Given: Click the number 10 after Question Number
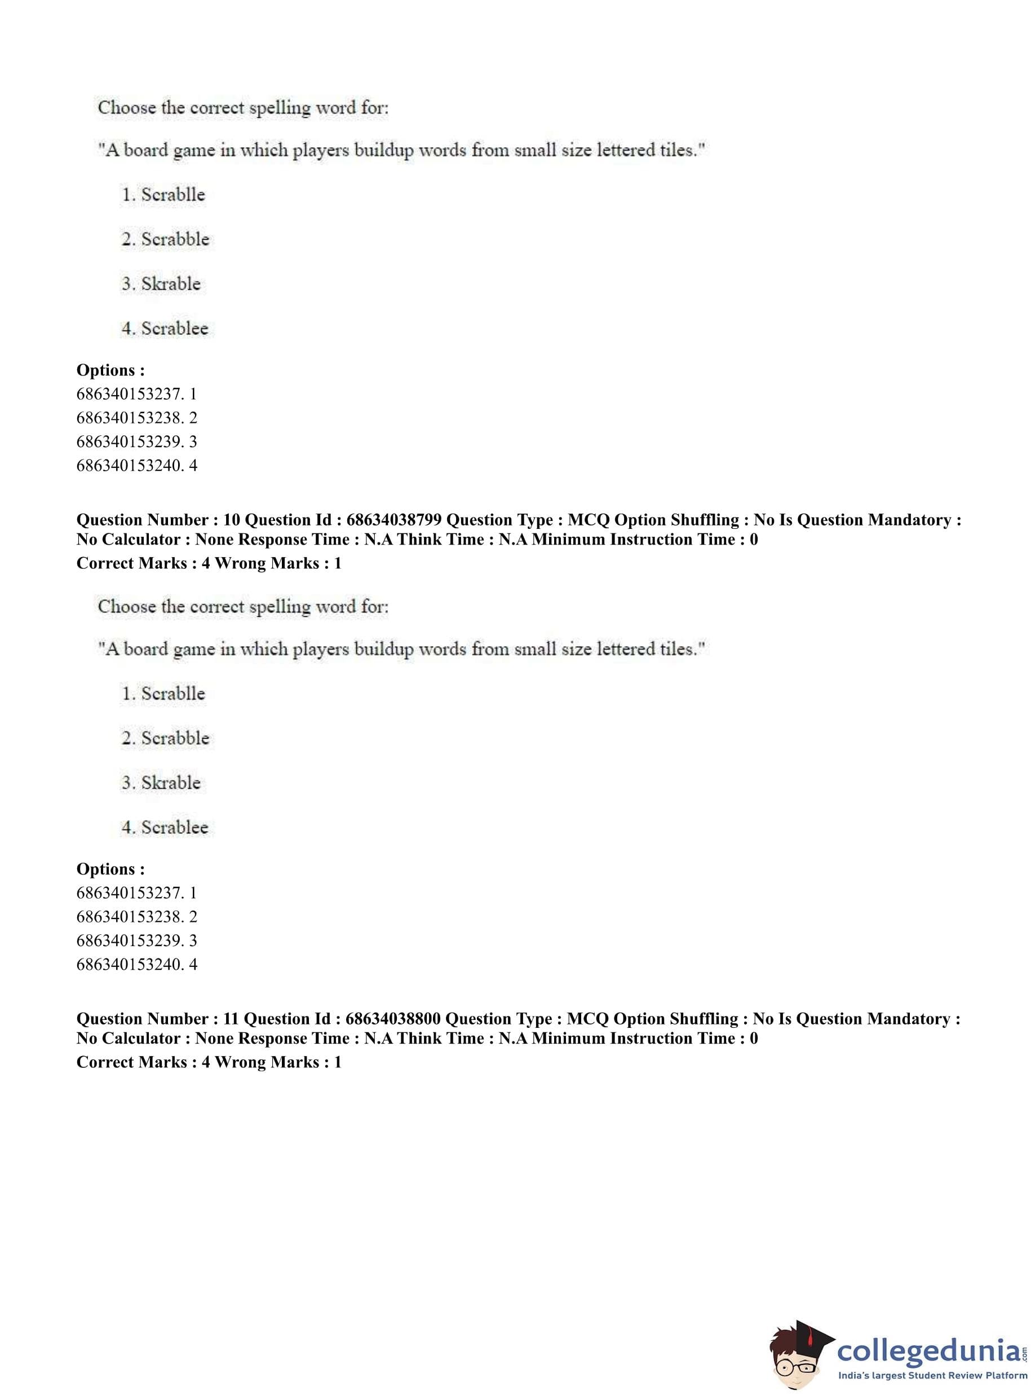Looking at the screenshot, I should pos(231,520).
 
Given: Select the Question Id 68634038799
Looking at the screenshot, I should pos(393,520).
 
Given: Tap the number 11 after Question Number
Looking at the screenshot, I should pos(231,1019).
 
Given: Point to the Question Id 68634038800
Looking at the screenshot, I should pos(393,1019).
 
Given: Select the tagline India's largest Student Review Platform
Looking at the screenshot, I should pos(932,1375).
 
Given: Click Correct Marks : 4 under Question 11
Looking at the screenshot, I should pos(143,1062).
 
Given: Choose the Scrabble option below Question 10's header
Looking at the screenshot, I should pos(175,738).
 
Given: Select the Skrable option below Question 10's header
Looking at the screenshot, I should pos(170,783).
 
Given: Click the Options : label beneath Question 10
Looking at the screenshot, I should pos(110,869).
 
